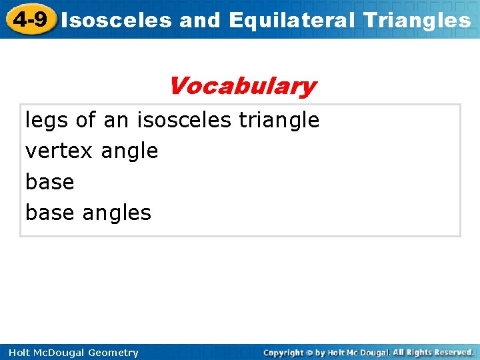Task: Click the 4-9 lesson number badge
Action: tap(30, 19)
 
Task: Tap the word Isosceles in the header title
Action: tap(117, 21)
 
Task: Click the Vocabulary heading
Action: tap(242, 86)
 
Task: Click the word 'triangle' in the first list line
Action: tap(279, 121)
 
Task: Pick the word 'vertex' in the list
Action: tap(59, 151)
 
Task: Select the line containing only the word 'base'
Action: tap(49, 182)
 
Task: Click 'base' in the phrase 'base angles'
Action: tap(49, 213)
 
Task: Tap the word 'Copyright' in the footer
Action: tap(283, 353)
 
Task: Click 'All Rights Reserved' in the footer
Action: tap(433, 352)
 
